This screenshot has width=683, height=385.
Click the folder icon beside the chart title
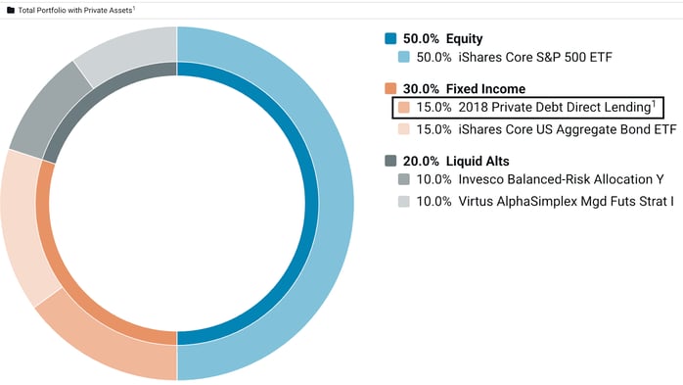(10, 10)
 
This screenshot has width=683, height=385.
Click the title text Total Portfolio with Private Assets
(74, 10)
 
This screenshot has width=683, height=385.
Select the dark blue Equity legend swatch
(391, 39)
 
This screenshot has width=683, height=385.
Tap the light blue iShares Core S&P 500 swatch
(404, 58)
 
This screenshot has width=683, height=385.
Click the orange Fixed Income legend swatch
(391, 89)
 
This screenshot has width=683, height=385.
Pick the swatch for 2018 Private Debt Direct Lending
(404, 107)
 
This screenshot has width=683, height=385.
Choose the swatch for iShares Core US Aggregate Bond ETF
(404, 128)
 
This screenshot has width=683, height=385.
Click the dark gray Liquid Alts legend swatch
(391, 161)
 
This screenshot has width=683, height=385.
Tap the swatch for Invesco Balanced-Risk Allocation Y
(404, 179)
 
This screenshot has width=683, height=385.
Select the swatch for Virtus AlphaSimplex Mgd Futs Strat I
(404, 201)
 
